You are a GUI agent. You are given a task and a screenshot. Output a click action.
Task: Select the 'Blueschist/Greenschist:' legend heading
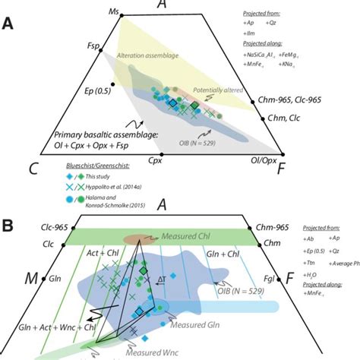95,172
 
